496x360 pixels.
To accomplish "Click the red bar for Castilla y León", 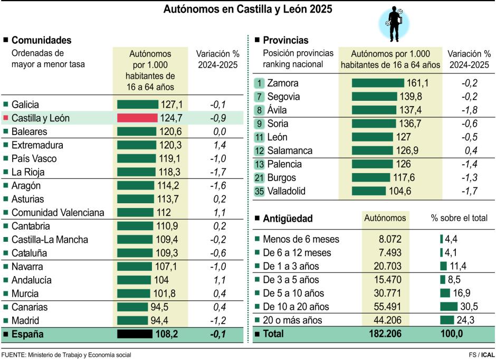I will pos(137,118).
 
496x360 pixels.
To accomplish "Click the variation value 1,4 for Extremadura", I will pos(217,145).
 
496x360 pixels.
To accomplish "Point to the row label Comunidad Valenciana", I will pos(58,213).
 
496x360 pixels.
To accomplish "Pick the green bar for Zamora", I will pos(377,83).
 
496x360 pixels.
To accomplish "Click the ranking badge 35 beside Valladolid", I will pos(259,191).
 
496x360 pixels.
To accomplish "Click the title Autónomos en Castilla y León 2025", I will pos(248,10).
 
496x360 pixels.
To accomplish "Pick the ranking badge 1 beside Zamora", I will pos(259,83).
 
